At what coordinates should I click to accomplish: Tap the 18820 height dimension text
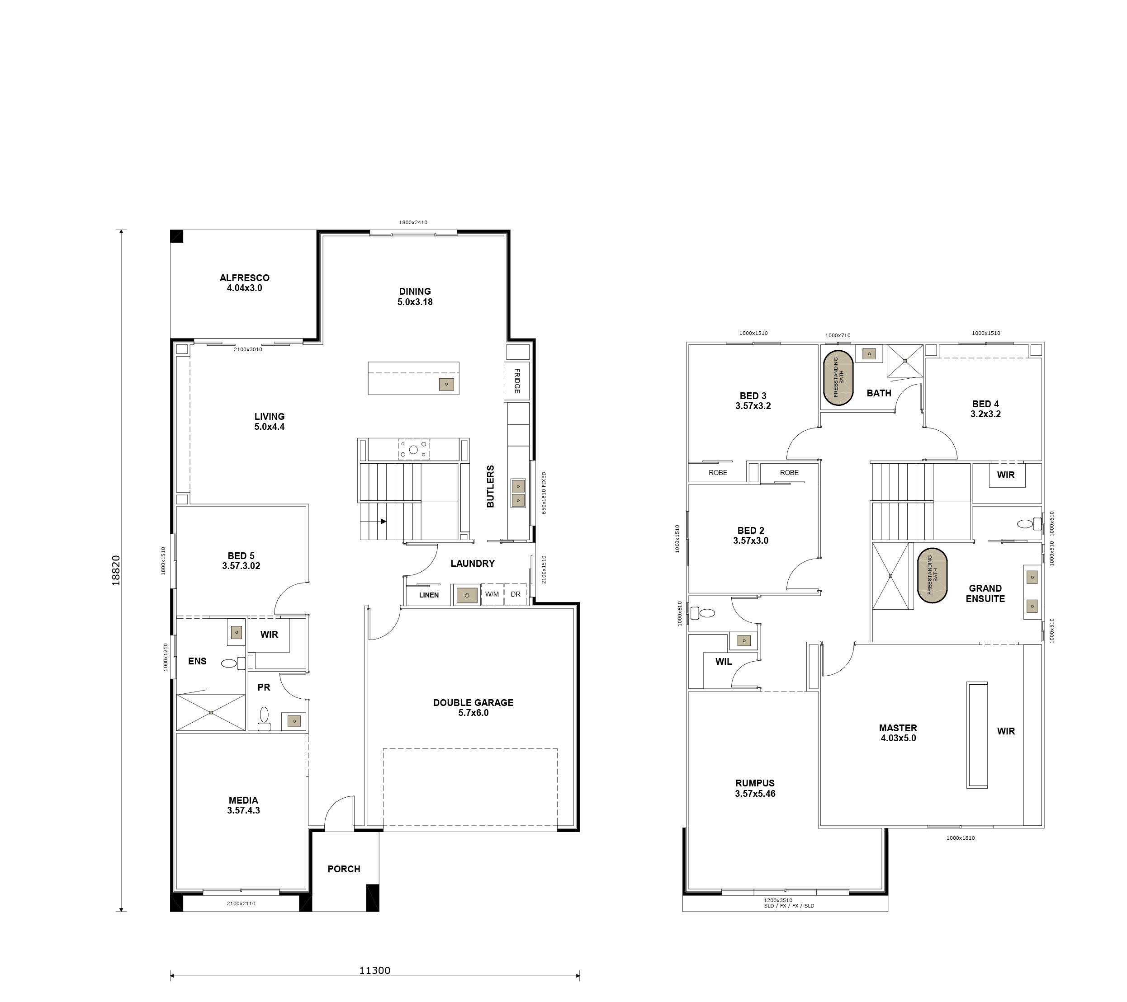pyautogui.click(x=116, y=570)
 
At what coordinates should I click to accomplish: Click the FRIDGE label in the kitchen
pyautogui.click(x=516, y=380)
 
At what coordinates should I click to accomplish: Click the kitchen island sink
pyautogui.click(x=446, y=384)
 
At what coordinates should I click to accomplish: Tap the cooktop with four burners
pyautogui.click(x=413, y=449)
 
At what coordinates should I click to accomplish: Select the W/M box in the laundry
pyautogui.click(x=492, y=594)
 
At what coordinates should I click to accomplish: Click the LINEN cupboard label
pyautogui.click(x=428, y=595)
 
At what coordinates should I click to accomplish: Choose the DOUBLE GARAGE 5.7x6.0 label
pyautogui.click(x=473, y=707)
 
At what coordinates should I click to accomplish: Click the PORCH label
pyautogui.click(x=344, y=869)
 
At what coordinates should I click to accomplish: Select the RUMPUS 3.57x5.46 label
pyautogui.click(x=755, y=788)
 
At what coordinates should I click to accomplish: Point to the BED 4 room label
pyautogui.click(x=985, y=409)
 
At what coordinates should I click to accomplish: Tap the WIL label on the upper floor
pyautogui.click(x=724, y=661)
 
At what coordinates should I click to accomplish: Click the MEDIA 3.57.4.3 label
pyautogui.click(x=243, y=804)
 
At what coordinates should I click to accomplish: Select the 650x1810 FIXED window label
pyautogui.click(x=544, y=493)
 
